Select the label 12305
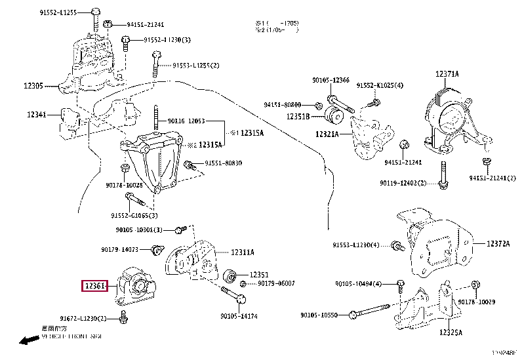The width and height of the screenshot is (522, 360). pyautogui.click(x=33, y=85)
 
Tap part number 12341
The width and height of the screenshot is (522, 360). pyautogui.click(x=36, y=114)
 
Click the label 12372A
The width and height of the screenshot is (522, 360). pyautogui.click(x=497, y=243)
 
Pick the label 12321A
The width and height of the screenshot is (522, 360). pyautogui.click(x=326, y=134)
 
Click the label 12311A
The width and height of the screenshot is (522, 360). pyautogui.click(x=242, y=252)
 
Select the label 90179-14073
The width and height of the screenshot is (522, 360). pyautogui.click(x=119, y=249)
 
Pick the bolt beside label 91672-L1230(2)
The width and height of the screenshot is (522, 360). pyautogui.click(x=123, y=318)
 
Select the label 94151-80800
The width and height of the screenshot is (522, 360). pyautogui.click(x=283, y=105)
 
